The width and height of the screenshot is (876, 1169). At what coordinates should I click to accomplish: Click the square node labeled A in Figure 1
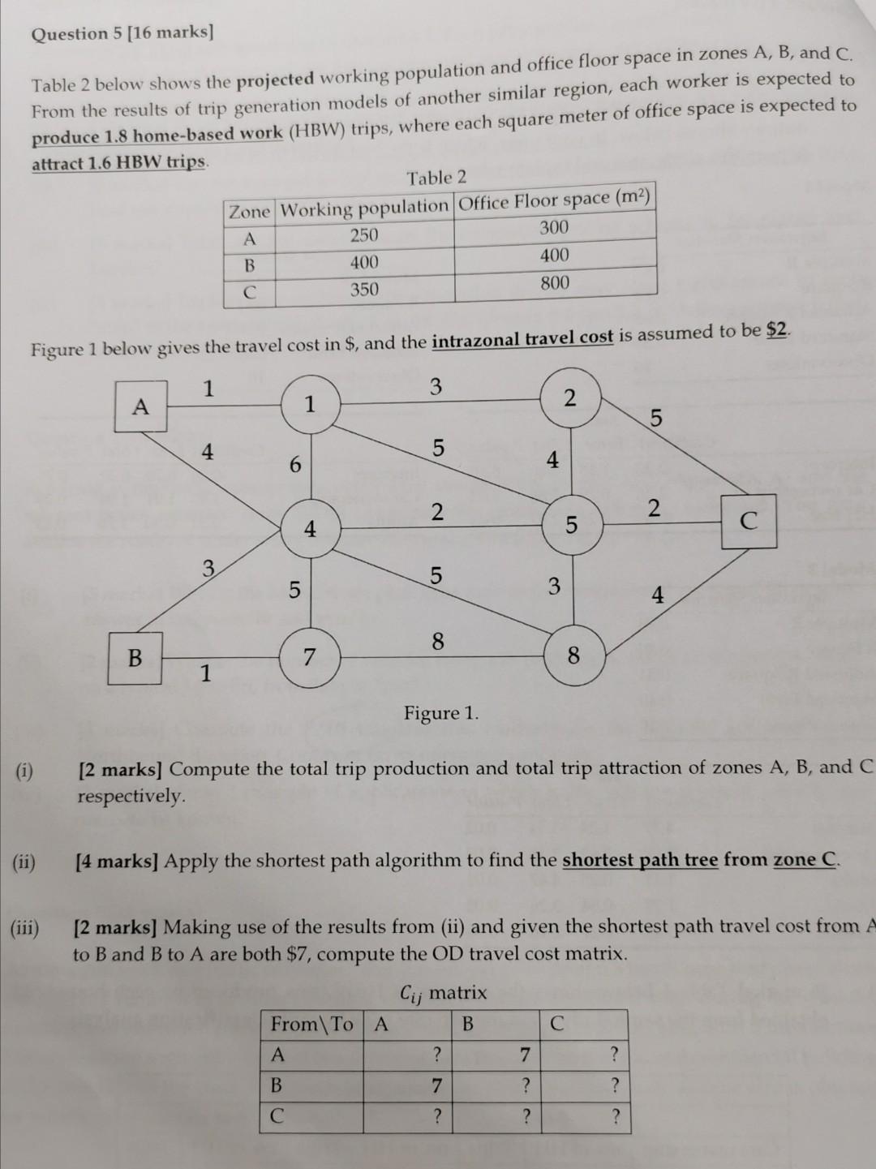141,406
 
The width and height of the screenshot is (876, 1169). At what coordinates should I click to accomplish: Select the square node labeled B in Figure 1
135,657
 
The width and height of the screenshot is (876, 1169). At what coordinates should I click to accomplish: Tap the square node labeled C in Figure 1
749,521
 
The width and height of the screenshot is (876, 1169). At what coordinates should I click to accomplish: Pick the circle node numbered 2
569,398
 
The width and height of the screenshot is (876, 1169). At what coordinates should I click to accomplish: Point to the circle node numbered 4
310,529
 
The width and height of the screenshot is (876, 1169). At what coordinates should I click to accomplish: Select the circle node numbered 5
572,525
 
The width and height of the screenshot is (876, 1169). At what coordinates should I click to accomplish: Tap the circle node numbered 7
309,657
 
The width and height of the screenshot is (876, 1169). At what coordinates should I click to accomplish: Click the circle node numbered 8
573,655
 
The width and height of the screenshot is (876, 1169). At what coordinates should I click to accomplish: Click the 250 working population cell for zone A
364,235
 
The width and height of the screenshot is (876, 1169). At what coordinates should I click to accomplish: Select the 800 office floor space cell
555,283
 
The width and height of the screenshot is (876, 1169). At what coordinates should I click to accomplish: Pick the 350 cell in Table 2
364,290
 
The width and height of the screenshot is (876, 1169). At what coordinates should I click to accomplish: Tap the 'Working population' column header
364,208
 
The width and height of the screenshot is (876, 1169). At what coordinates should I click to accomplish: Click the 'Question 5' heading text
122,33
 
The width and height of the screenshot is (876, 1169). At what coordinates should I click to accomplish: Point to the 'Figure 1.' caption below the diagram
441,713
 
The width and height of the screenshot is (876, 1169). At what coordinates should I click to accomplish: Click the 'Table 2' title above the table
436,178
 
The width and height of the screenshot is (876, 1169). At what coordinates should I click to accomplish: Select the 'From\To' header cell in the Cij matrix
312,1025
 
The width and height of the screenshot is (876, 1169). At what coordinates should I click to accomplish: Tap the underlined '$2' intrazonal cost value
776,331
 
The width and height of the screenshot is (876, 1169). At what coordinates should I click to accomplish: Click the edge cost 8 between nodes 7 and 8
437,642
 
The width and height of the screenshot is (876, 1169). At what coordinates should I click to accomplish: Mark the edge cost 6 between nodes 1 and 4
295,465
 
